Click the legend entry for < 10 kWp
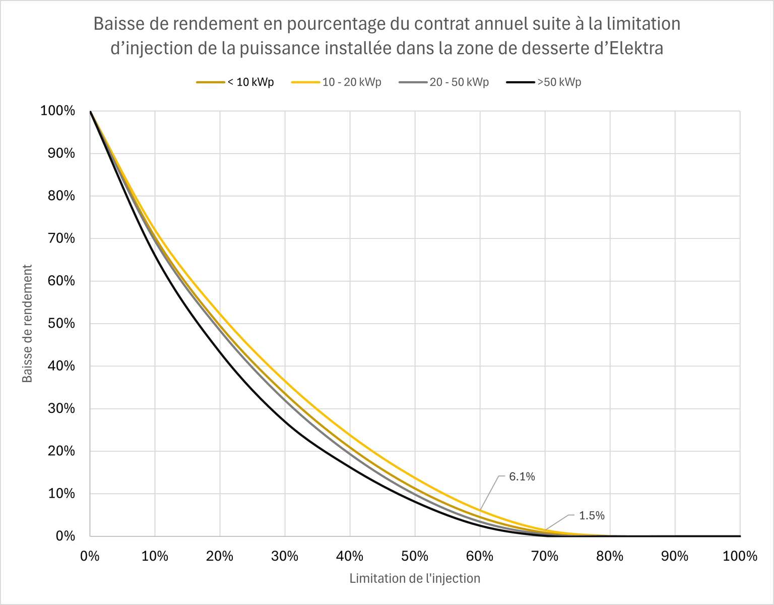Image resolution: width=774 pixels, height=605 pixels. click(x=235, y=82)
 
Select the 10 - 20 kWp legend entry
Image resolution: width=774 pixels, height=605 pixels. click(x=336, y=82)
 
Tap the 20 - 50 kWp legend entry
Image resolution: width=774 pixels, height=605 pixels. click(x=444, y=82)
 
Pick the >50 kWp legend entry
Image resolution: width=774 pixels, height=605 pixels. click(x=544, y=82)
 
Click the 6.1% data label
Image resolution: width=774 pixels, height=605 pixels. click(x=522, y=476)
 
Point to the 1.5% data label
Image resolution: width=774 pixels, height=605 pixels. click(x=592, y=515)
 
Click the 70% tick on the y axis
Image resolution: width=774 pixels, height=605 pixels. click(x=61, y=238)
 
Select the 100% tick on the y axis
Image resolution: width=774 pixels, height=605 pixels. click(x=58, y=110)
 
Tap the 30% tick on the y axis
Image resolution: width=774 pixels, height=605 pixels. click(x=61, y=408)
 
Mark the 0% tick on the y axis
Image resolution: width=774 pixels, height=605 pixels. click(x=65, y=536)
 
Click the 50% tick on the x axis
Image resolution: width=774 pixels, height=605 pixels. click(x=415, y=556)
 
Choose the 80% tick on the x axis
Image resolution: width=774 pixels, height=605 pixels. click(x=610, y=556)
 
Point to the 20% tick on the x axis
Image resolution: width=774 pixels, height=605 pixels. click(x=220, y=556)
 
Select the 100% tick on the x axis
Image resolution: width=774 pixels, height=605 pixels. click(x=740, y=556)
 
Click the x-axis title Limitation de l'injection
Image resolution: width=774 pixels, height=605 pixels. click(x=415, y=578)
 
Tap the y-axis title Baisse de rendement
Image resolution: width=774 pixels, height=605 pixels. click(x=27, y=324)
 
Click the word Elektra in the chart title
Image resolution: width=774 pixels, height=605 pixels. click(x=636, y=48)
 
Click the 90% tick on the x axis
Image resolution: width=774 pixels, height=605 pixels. click(x=675, y=556)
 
